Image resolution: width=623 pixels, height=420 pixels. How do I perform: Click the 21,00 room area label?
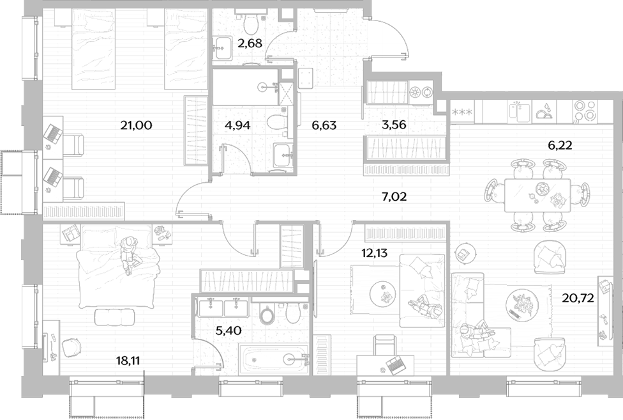(137, 126)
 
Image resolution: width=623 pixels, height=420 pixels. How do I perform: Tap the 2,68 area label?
(250, 43)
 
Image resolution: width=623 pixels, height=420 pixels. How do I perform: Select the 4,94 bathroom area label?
(237, 125)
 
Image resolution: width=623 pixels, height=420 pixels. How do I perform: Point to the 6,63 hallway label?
(324, 125)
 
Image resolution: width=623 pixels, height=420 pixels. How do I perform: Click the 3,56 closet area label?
(393, 125)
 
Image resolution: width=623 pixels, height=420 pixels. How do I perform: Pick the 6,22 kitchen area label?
(560, 145)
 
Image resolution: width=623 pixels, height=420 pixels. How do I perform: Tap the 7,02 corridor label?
(394, 196)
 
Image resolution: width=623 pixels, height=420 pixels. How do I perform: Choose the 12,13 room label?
(374, 253)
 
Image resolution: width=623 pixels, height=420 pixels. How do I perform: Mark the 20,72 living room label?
(578, 297)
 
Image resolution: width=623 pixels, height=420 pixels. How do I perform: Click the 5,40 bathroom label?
(229, 330)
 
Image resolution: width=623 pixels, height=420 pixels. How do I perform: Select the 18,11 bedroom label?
(128, 361)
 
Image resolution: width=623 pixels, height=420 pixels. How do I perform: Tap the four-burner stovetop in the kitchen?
(585, 111)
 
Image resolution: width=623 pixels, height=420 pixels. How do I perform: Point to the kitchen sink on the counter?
(520, 112)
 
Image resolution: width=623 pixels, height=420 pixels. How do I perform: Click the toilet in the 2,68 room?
(250, 24)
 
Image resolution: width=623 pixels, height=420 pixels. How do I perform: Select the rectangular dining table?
(537, 195)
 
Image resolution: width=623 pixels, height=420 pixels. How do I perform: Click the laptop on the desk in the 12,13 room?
(394, 365)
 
